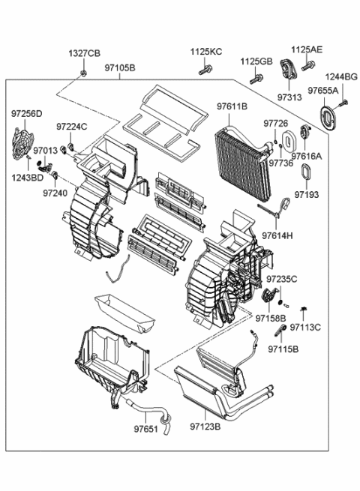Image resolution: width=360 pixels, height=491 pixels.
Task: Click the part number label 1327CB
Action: click(84, 54)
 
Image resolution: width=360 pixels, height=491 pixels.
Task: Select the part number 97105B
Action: click(120, 68)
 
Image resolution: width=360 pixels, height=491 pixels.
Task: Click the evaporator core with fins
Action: click(238, 154)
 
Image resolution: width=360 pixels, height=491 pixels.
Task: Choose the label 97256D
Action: click(26, 114)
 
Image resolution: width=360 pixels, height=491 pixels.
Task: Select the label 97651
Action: click(147, 430)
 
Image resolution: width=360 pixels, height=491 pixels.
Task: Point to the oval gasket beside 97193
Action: click(305, 172)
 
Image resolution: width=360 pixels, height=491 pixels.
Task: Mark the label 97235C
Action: click(282, 279)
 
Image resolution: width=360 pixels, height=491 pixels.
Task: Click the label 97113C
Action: click(305, 328)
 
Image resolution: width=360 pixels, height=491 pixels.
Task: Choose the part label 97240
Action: click(55, 193)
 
